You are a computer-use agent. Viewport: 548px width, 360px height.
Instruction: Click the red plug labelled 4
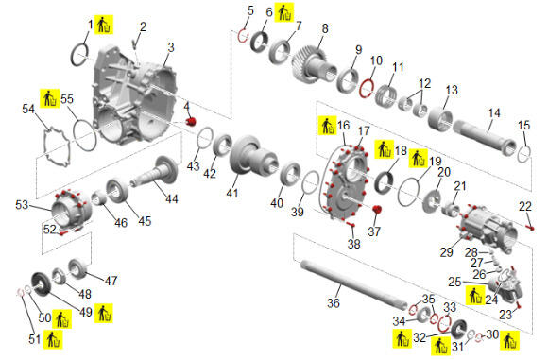pos(191,121)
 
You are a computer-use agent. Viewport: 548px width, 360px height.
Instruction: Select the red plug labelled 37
pos(377,210)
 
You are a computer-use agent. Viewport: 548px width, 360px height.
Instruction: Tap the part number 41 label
pos(232,193)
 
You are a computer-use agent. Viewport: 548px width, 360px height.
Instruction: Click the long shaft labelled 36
pos(354,283)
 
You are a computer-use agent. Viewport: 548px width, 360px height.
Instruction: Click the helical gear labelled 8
pos(309,64)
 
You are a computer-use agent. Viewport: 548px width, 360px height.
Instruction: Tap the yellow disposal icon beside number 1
pos(103,25)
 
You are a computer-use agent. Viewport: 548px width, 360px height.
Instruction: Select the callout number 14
pos(494,113)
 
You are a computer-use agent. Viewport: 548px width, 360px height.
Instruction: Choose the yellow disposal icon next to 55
pos(49,98)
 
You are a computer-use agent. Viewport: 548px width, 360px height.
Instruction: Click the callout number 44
pos(172,198)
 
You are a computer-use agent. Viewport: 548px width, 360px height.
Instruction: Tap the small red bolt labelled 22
pos(531,227)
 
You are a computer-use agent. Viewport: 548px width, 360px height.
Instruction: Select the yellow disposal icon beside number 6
pos(283,12)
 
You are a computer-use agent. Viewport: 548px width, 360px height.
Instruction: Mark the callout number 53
pos(22,204)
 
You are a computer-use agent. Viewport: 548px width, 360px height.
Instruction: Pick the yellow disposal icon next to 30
pos(510,340)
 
